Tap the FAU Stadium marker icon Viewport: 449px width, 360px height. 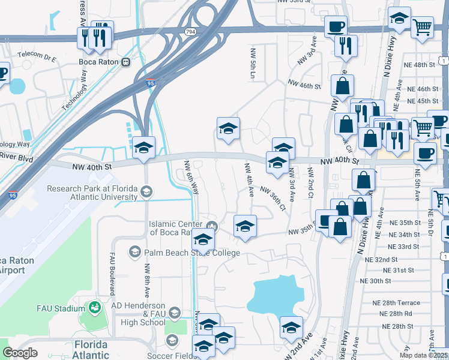pos(94,308)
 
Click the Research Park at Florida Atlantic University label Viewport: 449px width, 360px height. pos(92,192)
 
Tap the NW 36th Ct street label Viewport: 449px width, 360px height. pos(273,198)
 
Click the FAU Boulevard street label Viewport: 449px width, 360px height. pos(112,273)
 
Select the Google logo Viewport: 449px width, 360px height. pos(20,353)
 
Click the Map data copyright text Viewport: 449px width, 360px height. pos(424,355)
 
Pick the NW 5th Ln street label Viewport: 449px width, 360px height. pos(252,63)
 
